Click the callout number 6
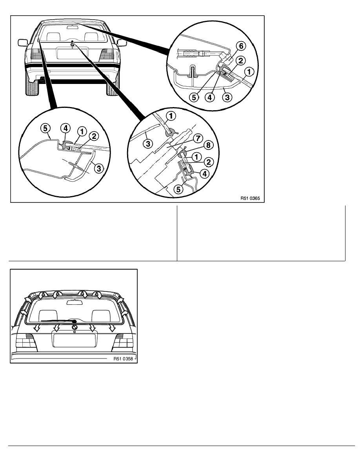pos(241,46)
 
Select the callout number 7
pos(198,138)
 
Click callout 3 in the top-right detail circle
pos(227,97)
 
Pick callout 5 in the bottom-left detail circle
pos(45,128)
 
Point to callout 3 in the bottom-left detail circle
pos(99,169)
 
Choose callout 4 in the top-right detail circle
pos(210,97)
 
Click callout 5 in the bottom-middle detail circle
pos(178,189)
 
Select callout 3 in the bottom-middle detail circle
pos(148,144)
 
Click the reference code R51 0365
pos(250,198)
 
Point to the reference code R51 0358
pos(123,359)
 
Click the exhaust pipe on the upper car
pos(42,79)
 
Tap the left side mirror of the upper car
pos(23,42)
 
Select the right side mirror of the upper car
pos(122,43)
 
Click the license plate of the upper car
pos(72,54)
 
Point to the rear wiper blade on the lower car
pos(58,321)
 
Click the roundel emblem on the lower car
pos(75,327)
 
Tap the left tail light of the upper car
pos(36,55)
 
